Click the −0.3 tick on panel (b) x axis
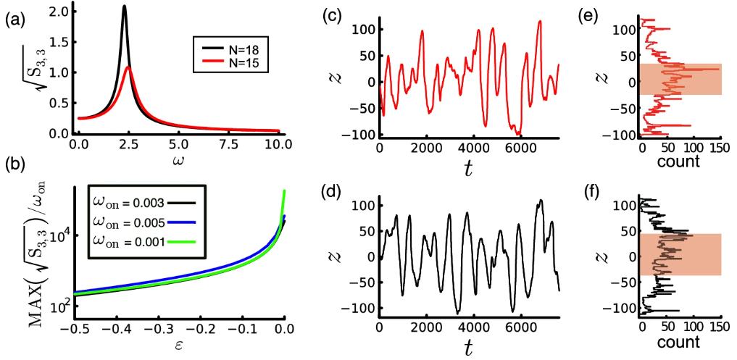[x=158, y=329]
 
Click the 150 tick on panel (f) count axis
[x=720, y=327]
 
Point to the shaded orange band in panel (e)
[x=681, y=79]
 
